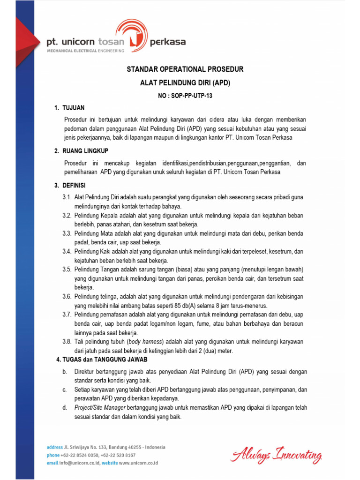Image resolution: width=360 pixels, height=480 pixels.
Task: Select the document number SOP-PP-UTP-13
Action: [185, 95]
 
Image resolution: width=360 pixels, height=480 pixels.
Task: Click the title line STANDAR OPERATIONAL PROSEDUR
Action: [185, 69]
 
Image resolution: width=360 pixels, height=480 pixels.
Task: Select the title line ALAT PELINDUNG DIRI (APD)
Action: [185, 82]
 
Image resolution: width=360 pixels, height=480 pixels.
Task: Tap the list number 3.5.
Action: [67, 269]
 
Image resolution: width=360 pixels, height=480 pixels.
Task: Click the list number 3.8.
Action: [67, 342]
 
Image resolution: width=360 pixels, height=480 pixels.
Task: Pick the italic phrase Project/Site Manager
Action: [99, 408]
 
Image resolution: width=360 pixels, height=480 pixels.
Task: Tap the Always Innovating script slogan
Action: [276, 455]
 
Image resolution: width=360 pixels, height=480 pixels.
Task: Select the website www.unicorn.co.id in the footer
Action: [138, 463]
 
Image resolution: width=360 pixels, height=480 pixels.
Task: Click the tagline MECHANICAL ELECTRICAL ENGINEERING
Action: [85, 51]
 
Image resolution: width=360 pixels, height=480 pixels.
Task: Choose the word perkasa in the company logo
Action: [167, 42]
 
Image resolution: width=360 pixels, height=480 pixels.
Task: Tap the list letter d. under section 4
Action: [65, 408]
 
